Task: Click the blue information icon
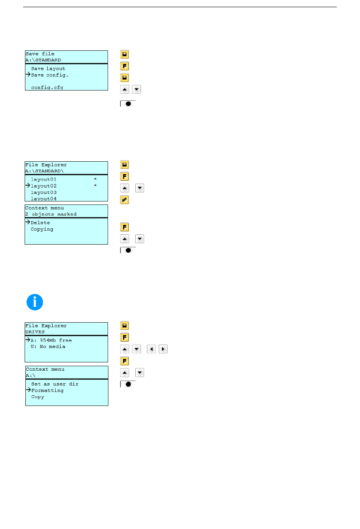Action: click(x=35, y=302)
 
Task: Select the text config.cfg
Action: click(x=47, y=87)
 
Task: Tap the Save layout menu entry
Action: click(x=48, y=69)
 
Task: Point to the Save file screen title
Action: click(x=40, y=54)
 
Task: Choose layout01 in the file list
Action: click(x=44, y=179)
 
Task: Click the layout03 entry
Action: click(x=44, y=192)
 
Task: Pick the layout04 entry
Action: click(x=44, y=198)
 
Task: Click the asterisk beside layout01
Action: click(x=95, y=179)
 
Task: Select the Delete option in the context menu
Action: click(x=40, y=223)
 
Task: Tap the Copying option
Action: click(x=42, y=229)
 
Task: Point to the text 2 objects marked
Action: click(x=51, y=214)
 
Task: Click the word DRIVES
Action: click(x=35, y=332)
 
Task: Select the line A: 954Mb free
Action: click(x=51, y=340)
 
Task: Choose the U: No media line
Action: click(x=48, y=346)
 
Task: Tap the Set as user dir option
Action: click(x=55, y=384)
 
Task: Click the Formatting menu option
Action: click(x=47, y=390)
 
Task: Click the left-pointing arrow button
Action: click(x=151, y=349)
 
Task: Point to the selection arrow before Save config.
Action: click(x=28, y=75)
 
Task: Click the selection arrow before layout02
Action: click(x=28, y=186)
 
